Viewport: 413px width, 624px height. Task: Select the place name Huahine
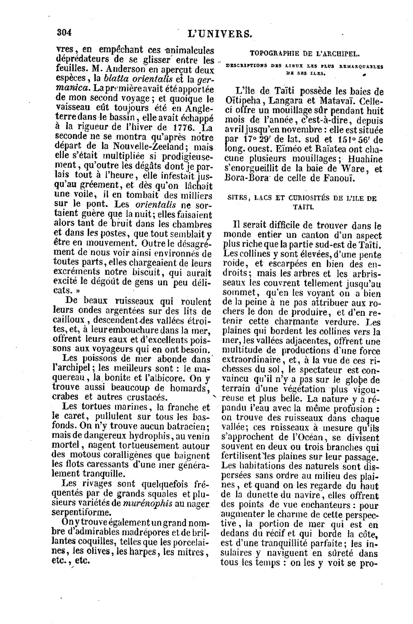pos(365,159)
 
